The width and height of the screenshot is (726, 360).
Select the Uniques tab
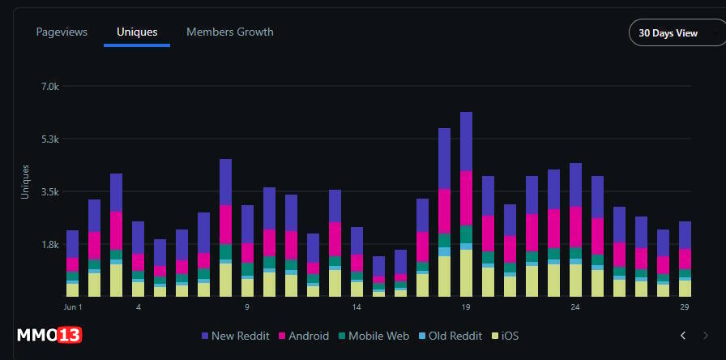(x=137, y=32)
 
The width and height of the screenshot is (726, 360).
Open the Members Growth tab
(x=230, y=32)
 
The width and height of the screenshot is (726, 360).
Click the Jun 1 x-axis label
(x=73, y=307)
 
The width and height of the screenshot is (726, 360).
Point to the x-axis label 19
(x=466, y=307)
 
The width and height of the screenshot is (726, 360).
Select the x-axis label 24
(x=575, y=307)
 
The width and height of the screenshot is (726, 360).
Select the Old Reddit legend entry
(x=450, y=336)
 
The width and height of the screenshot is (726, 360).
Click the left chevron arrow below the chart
(x=683, y=336)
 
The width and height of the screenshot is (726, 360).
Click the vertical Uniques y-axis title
(x=25, y=182)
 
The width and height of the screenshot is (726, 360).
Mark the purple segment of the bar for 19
(x=466, y=141)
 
